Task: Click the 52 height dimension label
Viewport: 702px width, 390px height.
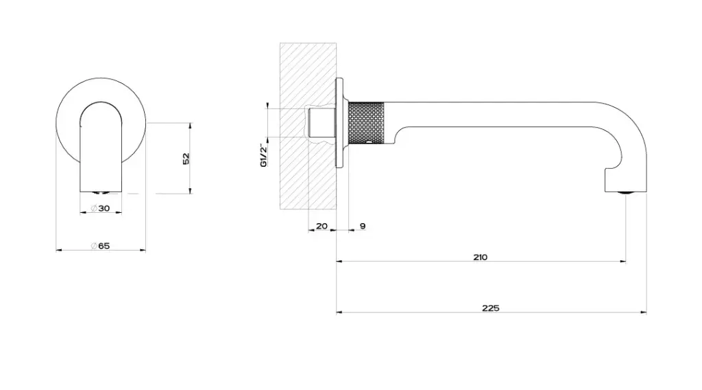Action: [x=186, y=158]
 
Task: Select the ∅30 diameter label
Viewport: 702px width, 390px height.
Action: [x=100, y=208]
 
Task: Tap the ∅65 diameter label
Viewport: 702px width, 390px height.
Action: [x=100, y=246]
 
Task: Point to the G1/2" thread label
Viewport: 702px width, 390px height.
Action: [x=264, y=155]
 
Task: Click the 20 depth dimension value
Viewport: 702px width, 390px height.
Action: [x=322, y=226]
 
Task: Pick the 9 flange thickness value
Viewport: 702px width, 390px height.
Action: [x=363, y=226]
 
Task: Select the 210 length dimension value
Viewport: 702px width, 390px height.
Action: [x=480, y=257]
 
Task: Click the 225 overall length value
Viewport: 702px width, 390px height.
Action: [x=491, y=308]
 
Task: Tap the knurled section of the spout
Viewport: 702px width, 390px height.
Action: [x=366, y=124]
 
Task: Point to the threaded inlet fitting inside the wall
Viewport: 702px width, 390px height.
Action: [x=321, y=123]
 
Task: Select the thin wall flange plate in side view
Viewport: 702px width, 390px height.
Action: [x=339, y=123]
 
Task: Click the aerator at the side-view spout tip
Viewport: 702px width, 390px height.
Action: [x=626, y=192]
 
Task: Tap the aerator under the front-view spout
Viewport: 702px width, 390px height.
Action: [x=101, y=193]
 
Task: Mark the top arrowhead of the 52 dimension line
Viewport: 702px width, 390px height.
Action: [x=191, y=126]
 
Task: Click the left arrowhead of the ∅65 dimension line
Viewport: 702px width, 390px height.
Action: [x=59, y=250]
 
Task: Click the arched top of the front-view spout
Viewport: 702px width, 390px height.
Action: [x=101, y=103]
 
